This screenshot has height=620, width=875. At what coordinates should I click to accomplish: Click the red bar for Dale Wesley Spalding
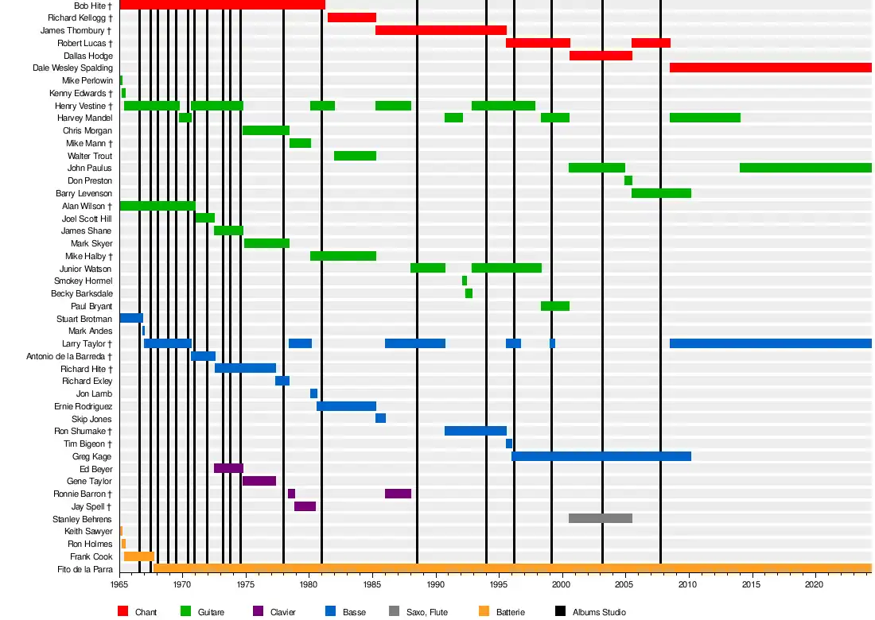point(770,68)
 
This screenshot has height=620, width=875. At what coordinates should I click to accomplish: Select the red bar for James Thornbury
point(441,30)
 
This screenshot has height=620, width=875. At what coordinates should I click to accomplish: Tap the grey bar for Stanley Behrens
point(601,518)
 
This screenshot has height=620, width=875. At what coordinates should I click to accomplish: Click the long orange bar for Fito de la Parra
point(509,568)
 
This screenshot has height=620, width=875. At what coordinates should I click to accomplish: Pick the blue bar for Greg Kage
point(601,456)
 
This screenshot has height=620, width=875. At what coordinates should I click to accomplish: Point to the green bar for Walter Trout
point(355,156)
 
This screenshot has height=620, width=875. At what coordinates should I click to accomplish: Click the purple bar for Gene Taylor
point(259,481)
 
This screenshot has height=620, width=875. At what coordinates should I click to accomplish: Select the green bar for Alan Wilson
point(157,206)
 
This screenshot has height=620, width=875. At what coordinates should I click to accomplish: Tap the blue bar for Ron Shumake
point(476,431)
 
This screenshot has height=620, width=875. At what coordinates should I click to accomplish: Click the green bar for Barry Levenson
point(661,193)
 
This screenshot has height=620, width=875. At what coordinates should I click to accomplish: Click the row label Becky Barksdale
point(82,293)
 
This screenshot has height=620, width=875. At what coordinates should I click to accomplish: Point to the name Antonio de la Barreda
point(69,356)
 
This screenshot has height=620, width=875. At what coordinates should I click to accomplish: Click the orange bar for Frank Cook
point(138,556)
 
